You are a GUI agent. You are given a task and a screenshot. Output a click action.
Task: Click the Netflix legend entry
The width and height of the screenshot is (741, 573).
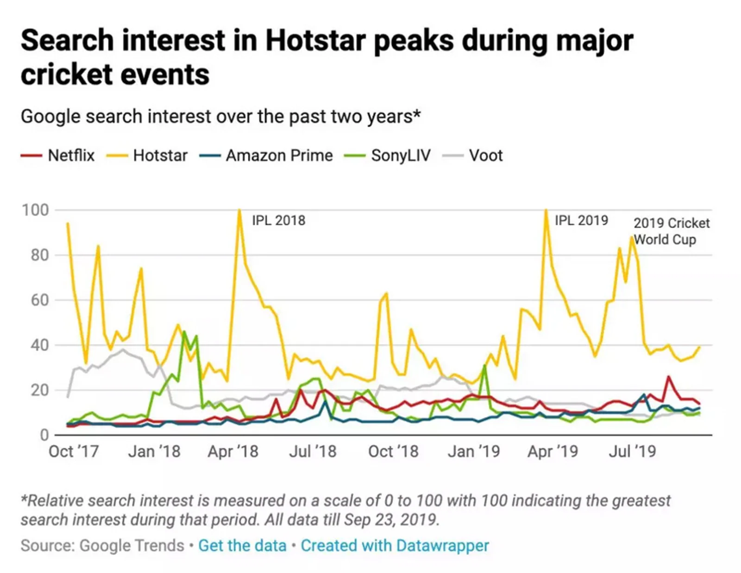pos(71,156)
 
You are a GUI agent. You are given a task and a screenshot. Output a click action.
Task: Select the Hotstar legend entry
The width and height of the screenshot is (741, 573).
pos(160,156)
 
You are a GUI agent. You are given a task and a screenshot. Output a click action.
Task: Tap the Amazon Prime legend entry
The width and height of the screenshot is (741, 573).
pos(279,156)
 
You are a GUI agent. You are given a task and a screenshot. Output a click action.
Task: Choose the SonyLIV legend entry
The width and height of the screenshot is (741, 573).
pos(401,156)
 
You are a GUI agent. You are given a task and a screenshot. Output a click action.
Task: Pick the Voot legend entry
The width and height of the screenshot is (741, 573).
pos(485,156)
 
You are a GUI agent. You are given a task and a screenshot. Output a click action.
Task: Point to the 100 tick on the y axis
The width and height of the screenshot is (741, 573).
pos(35,210)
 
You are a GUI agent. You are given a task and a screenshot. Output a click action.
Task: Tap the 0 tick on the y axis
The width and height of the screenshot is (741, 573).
pos(44,435)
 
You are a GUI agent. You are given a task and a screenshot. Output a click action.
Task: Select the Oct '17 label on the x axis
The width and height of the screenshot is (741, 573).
pos(74,451)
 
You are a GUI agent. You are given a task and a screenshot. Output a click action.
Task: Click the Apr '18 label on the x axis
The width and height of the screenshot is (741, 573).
pos(233,451)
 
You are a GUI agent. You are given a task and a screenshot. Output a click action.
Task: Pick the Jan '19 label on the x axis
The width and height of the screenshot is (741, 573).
pos(474,451)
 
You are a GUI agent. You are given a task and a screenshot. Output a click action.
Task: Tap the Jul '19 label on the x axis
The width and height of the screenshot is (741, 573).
pos(632,451)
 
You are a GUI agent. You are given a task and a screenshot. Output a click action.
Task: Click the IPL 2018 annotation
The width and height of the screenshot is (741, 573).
pos(278,220)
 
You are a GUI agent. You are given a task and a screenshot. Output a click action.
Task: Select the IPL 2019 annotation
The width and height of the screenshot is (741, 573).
pos(581,220)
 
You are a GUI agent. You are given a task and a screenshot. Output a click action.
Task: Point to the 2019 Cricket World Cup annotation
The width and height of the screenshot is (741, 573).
pos(671,231)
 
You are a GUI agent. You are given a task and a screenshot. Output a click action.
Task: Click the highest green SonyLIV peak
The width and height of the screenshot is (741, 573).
pos(184,331)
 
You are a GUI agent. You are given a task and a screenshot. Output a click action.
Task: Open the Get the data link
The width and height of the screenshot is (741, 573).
pos(242,546)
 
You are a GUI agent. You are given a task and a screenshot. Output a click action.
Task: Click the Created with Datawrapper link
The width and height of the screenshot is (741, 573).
pos(395,546)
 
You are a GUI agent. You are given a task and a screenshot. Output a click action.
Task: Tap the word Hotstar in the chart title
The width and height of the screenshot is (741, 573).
pos(315,40)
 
